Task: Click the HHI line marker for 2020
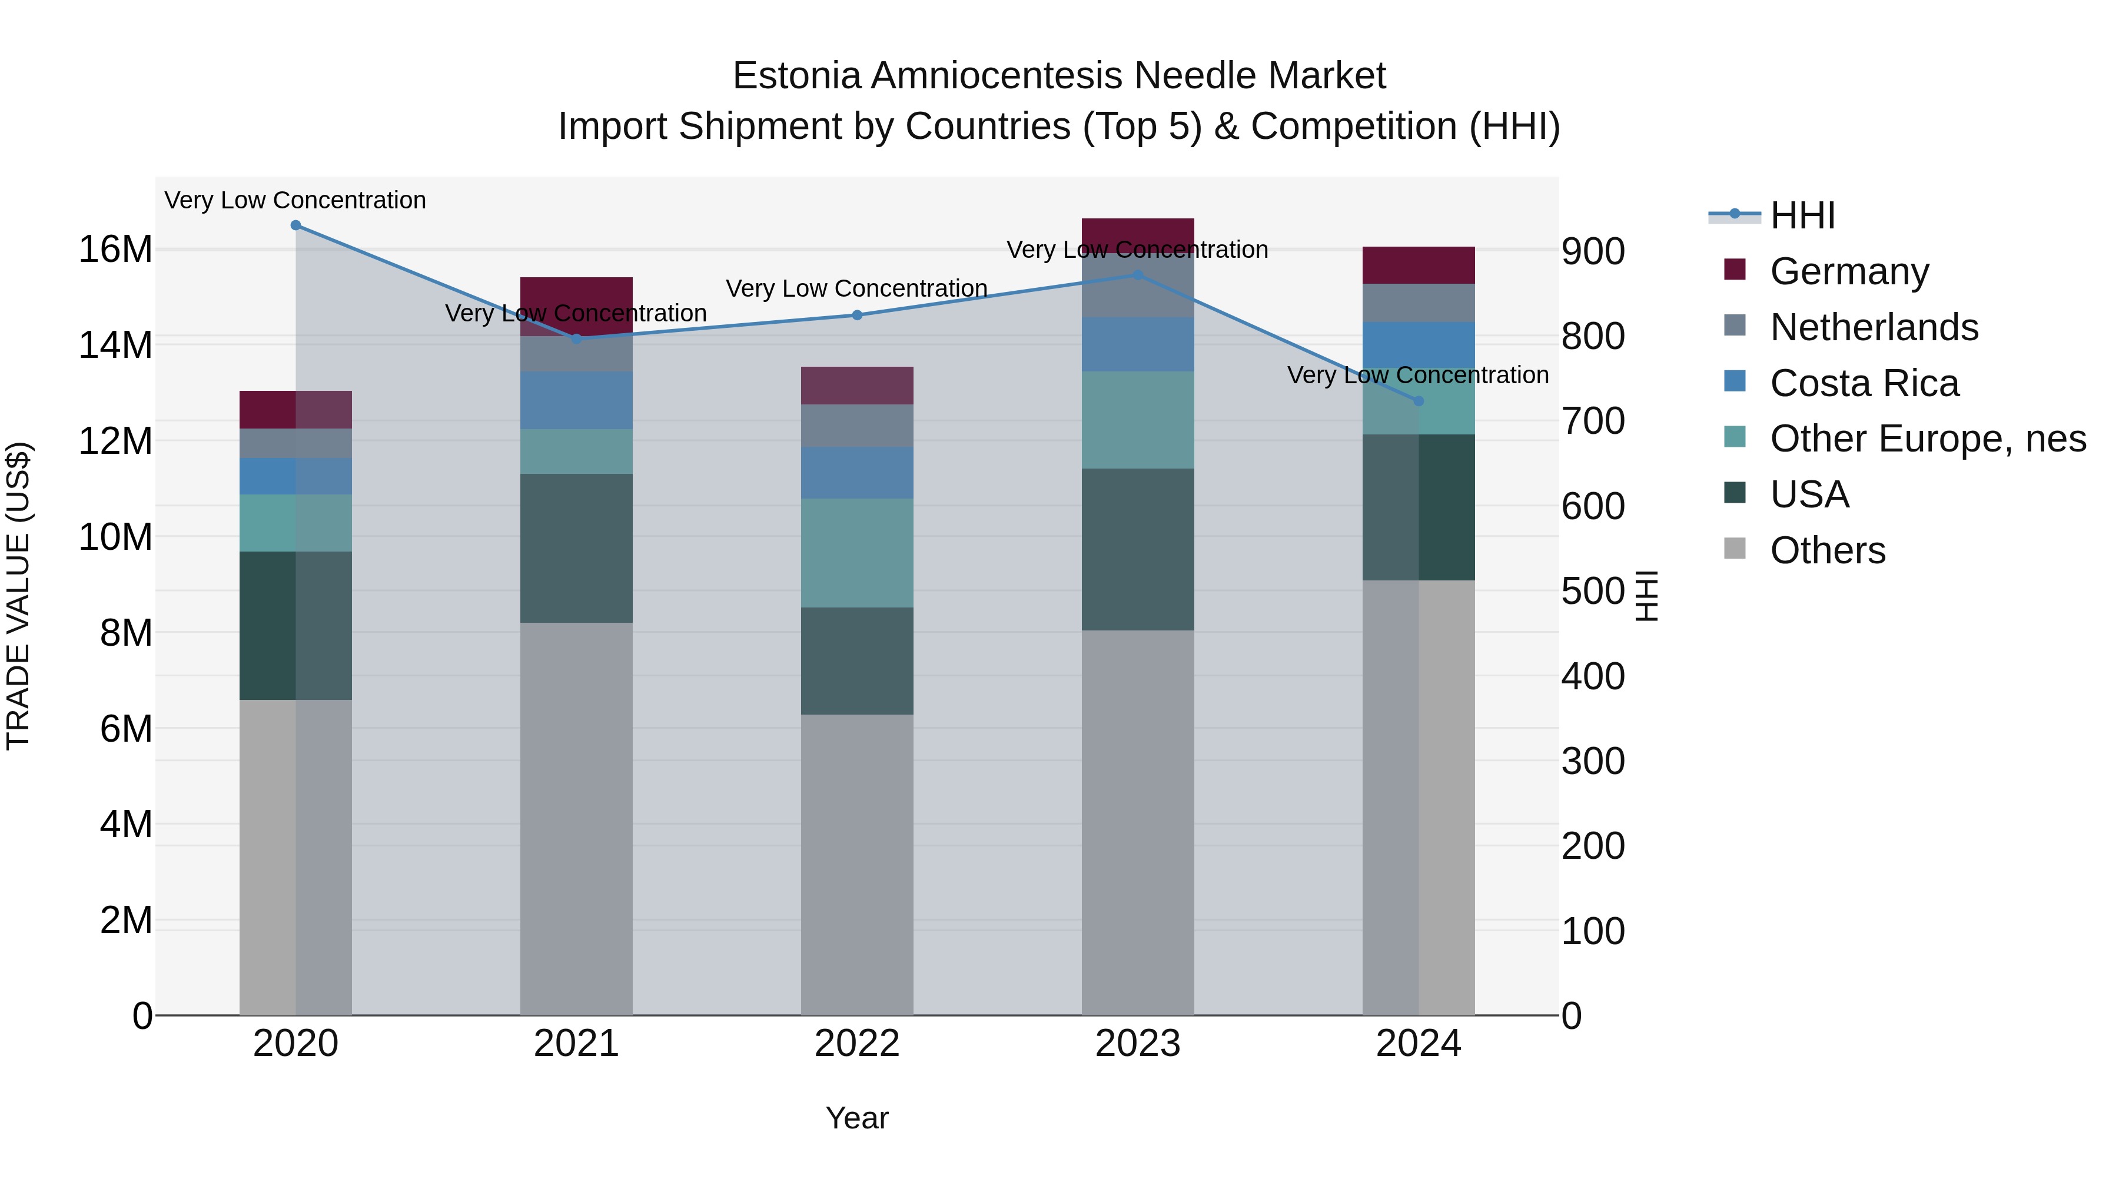(x=295, y=225)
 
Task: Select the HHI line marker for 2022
(x=857, y=315)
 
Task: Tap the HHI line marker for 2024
(x=1418, y=401)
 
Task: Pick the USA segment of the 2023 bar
(x=1138, y=550)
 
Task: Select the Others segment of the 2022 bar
(x=857, y=864)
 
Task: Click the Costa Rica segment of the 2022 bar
(x=857, y=473)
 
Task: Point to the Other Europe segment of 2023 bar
(x=1138, y=420)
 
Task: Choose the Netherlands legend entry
(x=1874, y=327)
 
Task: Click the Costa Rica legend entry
(x=1864, y=383)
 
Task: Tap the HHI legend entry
(x=1802, y=215)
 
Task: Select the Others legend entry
(x=1827, y=550)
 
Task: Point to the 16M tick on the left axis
(x=115, y=249)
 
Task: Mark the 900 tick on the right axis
(x=1593, y=252)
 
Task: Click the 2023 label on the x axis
(x=1138, y=1044)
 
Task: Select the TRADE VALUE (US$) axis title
(x=18, y=596)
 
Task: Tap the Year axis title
(x=857, y=1118)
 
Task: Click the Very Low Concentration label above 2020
(x=295, y=200)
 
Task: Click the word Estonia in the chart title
(x=797, y=76)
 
